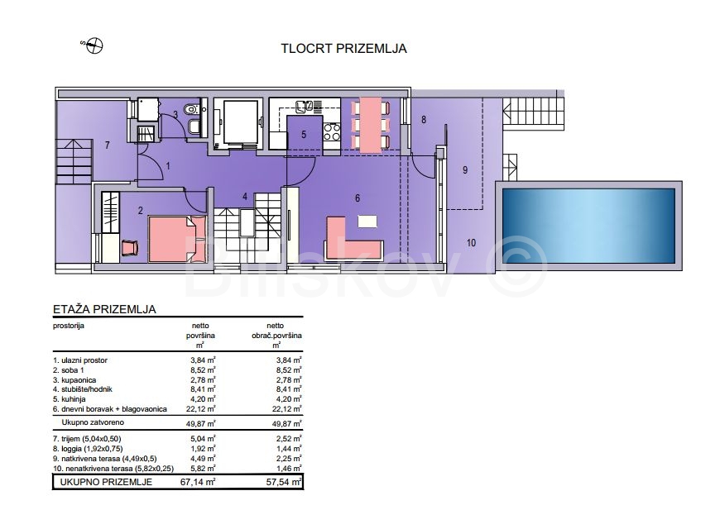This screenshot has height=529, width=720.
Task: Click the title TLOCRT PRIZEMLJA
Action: [x=343, y=49]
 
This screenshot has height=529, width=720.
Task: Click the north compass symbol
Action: [x=94, y=45]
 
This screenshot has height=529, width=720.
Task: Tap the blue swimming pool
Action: [x=588, y=226]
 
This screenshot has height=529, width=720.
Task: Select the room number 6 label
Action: [x=358, y=198]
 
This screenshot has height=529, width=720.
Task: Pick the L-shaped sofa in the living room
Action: [x=353, y=239]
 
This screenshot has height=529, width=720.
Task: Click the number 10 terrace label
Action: [x=471, y=243]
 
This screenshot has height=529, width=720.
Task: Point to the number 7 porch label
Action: [x=107, y=145]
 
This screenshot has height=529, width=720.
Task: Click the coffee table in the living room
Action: [x=367, y=222]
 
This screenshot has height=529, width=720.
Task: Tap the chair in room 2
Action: [x=130, y=248]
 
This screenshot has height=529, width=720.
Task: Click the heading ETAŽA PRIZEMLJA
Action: [x=104, y=309]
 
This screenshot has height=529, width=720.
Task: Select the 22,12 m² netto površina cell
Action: [x=200, y=409]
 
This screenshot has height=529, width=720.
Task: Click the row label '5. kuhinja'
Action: [x=70, y=399]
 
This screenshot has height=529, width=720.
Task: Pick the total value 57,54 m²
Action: [x=284, y=482]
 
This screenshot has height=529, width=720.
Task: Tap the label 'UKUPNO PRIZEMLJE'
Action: [x=106, y=482]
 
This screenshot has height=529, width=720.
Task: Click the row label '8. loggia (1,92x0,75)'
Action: [x=89, y=449]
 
